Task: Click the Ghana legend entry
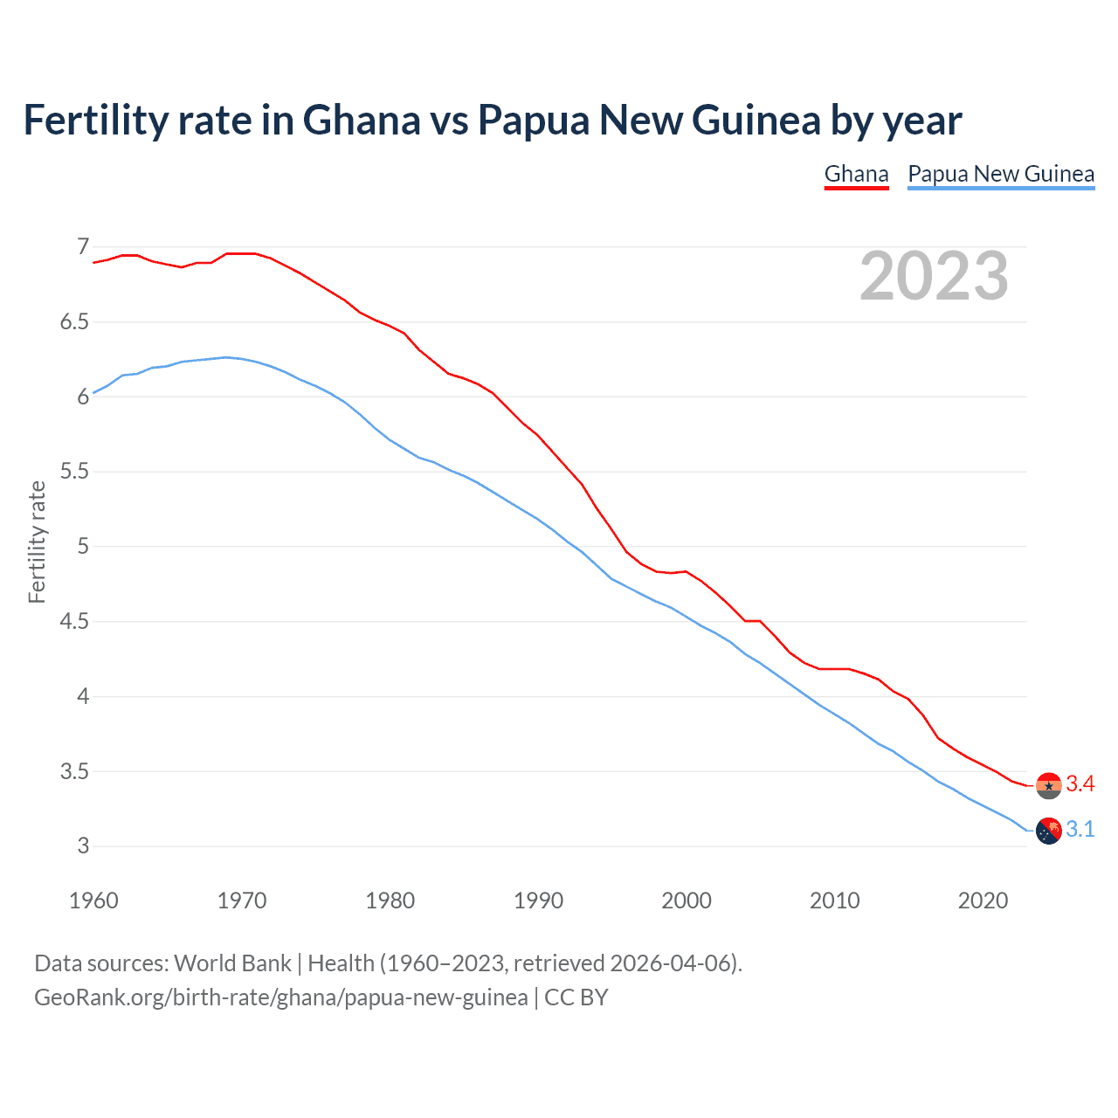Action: (856, 174)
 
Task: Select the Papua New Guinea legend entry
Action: (1001, 174)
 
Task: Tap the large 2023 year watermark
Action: (934, 276)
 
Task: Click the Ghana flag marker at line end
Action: (1048, 785)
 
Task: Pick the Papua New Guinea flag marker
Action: (1048, 831)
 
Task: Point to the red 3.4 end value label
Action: (1080, 784)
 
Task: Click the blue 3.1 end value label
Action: (1080, 830)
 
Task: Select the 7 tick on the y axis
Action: (83, 247)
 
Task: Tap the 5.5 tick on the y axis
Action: (74, 472)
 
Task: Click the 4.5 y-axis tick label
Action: (74, 622)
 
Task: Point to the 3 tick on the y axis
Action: (83, 845)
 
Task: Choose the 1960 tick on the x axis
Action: (93, 901)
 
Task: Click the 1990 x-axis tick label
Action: (538, 901)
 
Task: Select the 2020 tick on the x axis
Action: (983, 901)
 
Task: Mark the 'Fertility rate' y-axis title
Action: (37, 542)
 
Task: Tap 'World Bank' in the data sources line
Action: (232, 963)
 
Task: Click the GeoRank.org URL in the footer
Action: (280, 997)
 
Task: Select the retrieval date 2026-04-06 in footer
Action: (670, 963)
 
